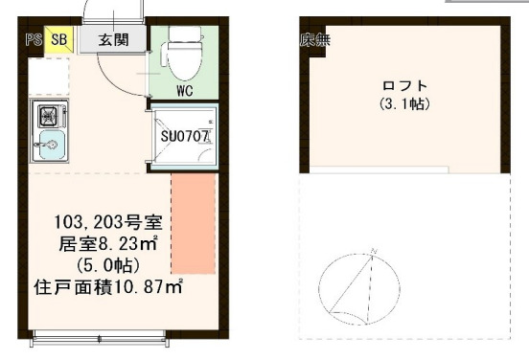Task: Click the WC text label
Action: coord(185,91)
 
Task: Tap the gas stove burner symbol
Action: coord(47,118)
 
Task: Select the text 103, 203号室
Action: coord(113,221)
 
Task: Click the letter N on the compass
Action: coord(373,251)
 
